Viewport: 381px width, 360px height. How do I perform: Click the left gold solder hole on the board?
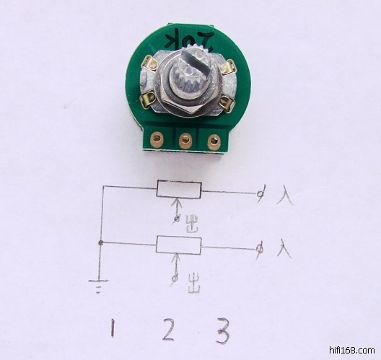pyautogui.click(x=157, y=139)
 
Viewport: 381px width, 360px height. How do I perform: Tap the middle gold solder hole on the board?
pyautogui.click(x=185, y=141)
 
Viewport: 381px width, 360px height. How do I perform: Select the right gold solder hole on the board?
pyautogui.click(x=214, y=141)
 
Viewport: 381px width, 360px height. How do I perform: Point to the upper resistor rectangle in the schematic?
pyautogui.click(x=179, y=189)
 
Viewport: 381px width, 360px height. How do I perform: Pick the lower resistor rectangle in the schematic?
pyautogui.click(x=179, y=245)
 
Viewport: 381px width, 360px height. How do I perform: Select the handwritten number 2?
pyautogui.click(x=168, y=330)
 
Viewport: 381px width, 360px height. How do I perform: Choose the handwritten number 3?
pyautogui.click(x=223, y=330)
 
